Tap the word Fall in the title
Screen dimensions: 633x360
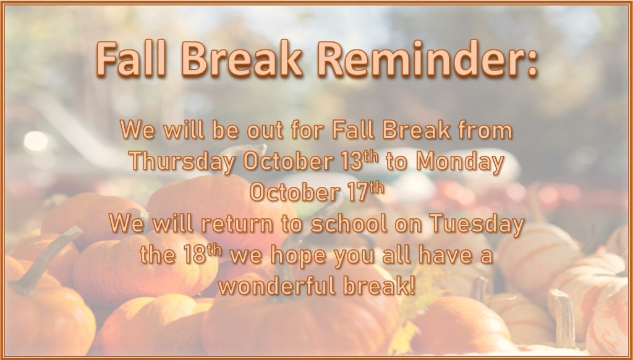coord(131,59)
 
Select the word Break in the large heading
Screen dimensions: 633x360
coord(242,59)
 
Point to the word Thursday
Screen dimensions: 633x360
coord(182,161)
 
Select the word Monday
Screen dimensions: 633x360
coord(460,161)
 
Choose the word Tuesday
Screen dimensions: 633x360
coord(477,224)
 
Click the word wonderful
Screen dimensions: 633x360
coord(279,286)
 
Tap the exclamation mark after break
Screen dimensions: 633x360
coord(411,286)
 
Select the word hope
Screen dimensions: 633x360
coord(299,255)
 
